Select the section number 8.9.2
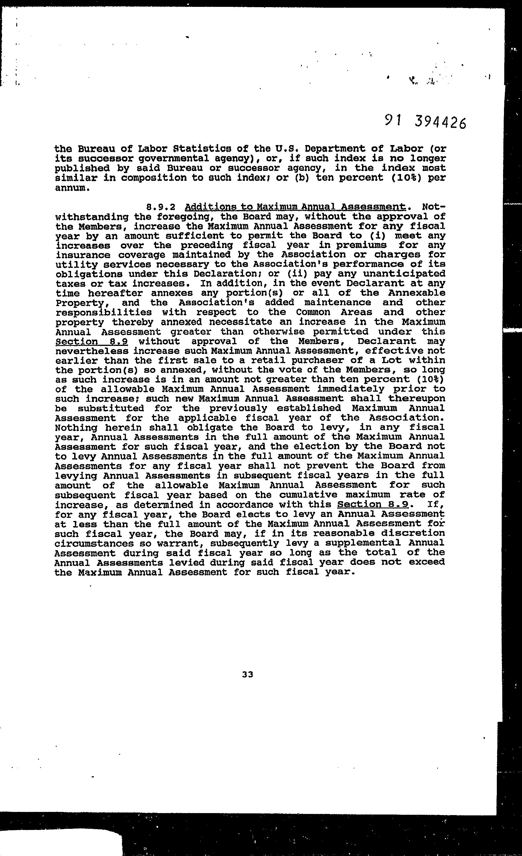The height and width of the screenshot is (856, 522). [160, 207]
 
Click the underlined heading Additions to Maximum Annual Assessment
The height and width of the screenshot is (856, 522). [295, 207]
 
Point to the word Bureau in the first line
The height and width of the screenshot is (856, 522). [96, 149]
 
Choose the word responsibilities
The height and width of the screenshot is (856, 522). [103, 313]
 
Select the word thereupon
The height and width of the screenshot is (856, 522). [416, 399]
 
